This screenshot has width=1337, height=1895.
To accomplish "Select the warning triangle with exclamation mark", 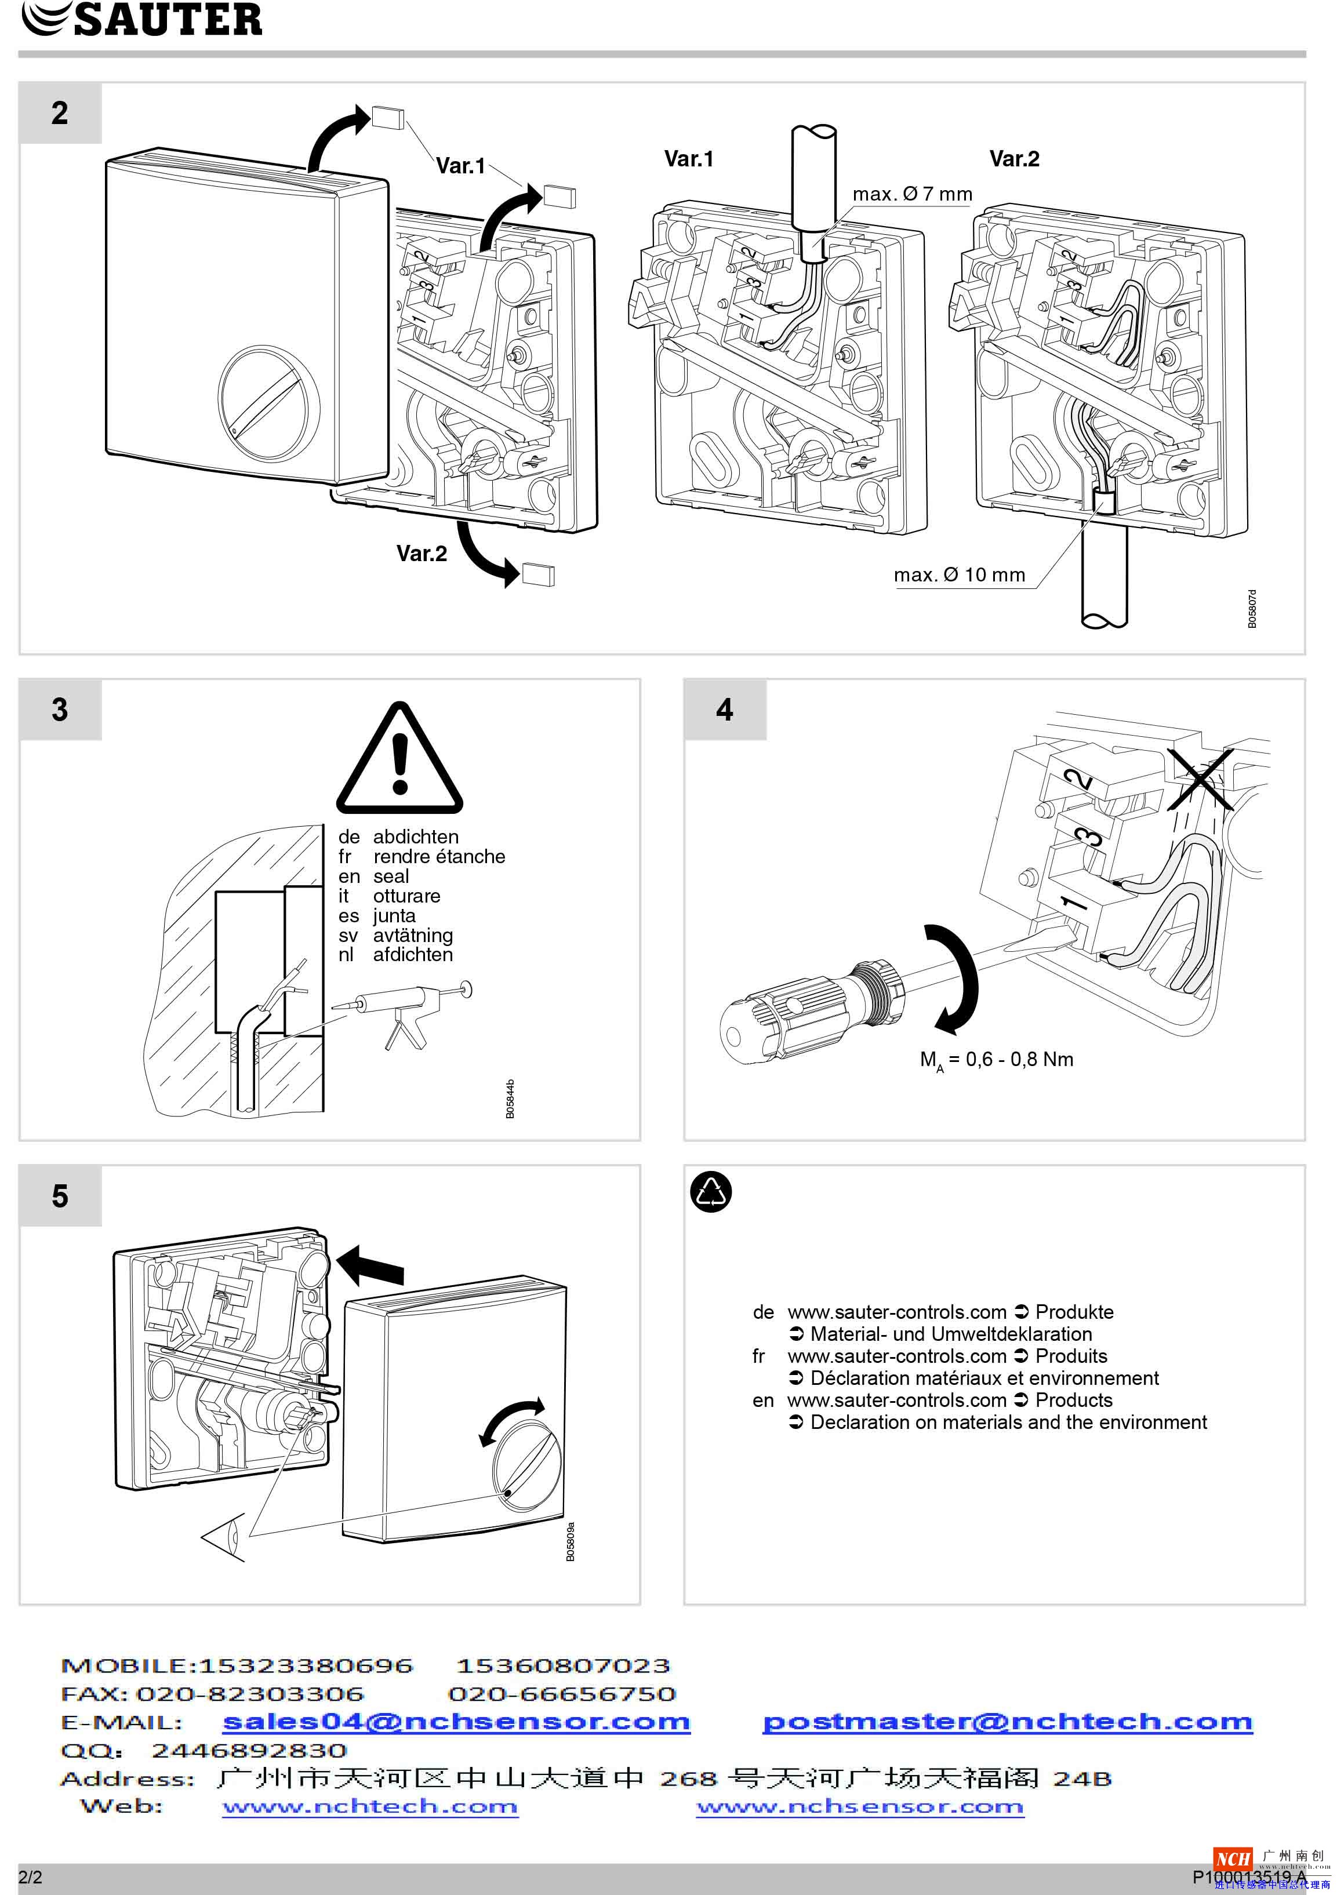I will click(399, 761).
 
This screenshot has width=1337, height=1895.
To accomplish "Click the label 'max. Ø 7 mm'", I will click(912, 194).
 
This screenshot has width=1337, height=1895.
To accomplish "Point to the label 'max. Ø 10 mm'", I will click(959, 574).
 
